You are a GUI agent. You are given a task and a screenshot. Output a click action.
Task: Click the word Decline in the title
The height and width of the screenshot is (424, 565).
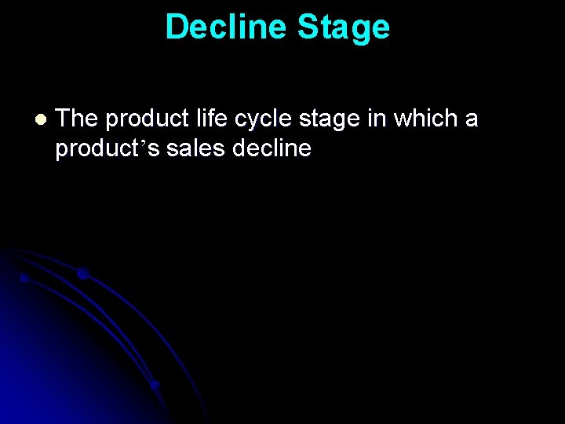point(226,27)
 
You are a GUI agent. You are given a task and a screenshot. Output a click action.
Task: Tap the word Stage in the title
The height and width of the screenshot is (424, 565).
point(343,27)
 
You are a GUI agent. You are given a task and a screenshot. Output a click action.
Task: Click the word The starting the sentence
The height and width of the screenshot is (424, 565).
point(77,119)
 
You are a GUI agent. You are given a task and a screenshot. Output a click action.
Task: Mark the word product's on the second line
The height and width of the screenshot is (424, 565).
point(108,148)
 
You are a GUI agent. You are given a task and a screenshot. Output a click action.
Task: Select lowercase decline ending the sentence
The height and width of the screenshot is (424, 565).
point(272,148)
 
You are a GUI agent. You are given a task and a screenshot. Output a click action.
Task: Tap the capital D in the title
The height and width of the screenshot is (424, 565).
point(177,27)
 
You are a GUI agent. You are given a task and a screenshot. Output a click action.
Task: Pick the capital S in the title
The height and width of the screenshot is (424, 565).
point(309,27)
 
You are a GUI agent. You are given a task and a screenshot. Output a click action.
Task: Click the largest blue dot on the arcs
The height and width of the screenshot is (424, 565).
point(82,273)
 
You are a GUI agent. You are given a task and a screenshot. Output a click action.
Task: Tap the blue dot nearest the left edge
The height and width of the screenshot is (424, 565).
point(24,278)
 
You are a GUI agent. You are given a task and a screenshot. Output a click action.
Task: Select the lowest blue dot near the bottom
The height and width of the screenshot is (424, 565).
point(155,385)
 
